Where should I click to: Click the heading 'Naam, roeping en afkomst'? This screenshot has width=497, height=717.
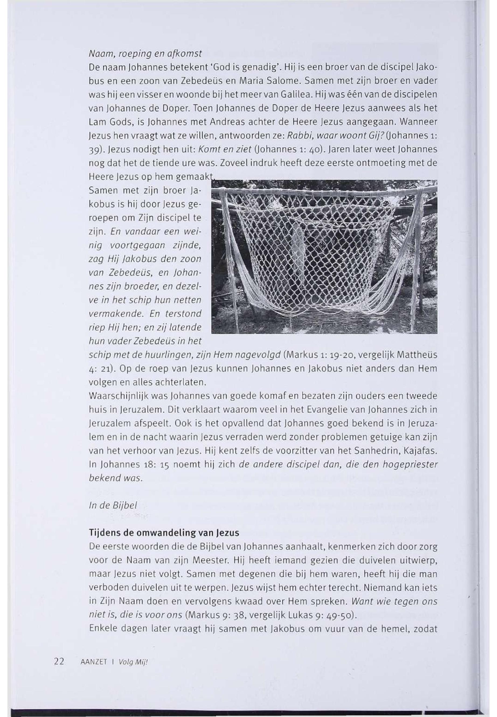click(145, 54)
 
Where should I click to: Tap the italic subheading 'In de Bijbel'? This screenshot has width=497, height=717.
click(113, 505)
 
